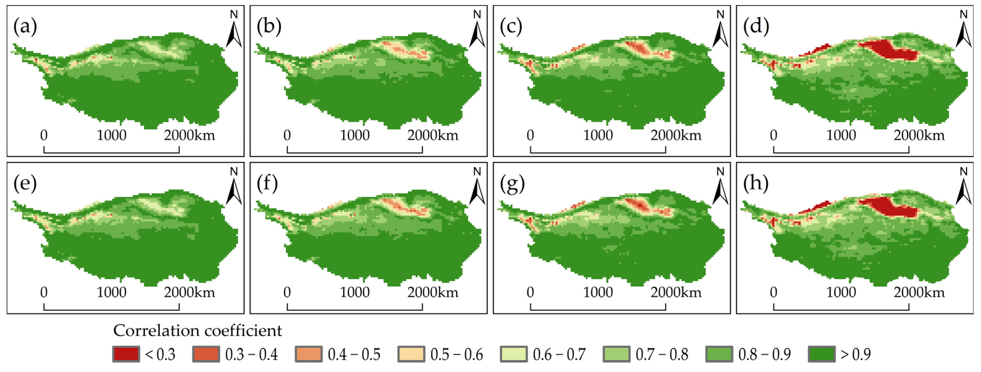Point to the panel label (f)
[267, 184]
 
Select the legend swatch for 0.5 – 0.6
[411, 354]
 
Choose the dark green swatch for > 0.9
[821, 354]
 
